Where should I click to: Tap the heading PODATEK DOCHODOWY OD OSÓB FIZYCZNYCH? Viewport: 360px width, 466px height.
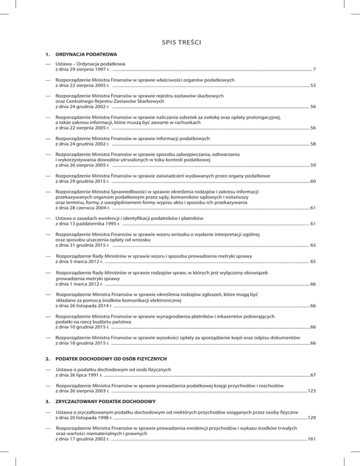pyautogui.click(x=111, y=359)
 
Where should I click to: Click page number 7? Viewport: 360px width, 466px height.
pyautogui.click(x=314, y=70)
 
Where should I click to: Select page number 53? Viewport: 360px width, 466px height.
pyautogui.click(x=312, y=86)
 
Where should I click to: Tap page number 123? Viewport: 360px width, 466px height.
pyautogui.click(x=311, y=390)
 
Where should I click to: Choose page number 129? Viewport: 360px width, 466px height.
pyautogui.click(x=311, y=417)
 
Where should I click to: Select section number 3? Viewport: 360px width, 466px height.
pyautogui.click(x=46, y=402)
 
